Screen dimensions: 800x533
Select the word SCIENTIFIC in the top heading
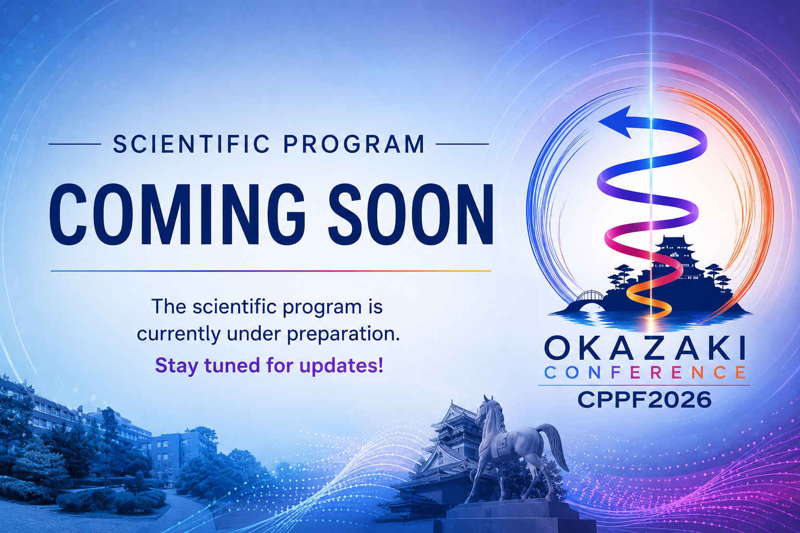coord(192,144)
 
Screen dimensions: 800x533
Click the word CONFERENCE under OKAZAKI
coord(645,373)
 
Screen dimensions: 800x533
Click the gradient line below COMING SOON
coord(271,271)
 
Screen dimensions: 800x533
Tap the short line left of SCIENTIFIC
coord(74,144)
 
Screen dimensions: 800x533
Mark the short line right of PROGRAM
coord(463,144)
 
